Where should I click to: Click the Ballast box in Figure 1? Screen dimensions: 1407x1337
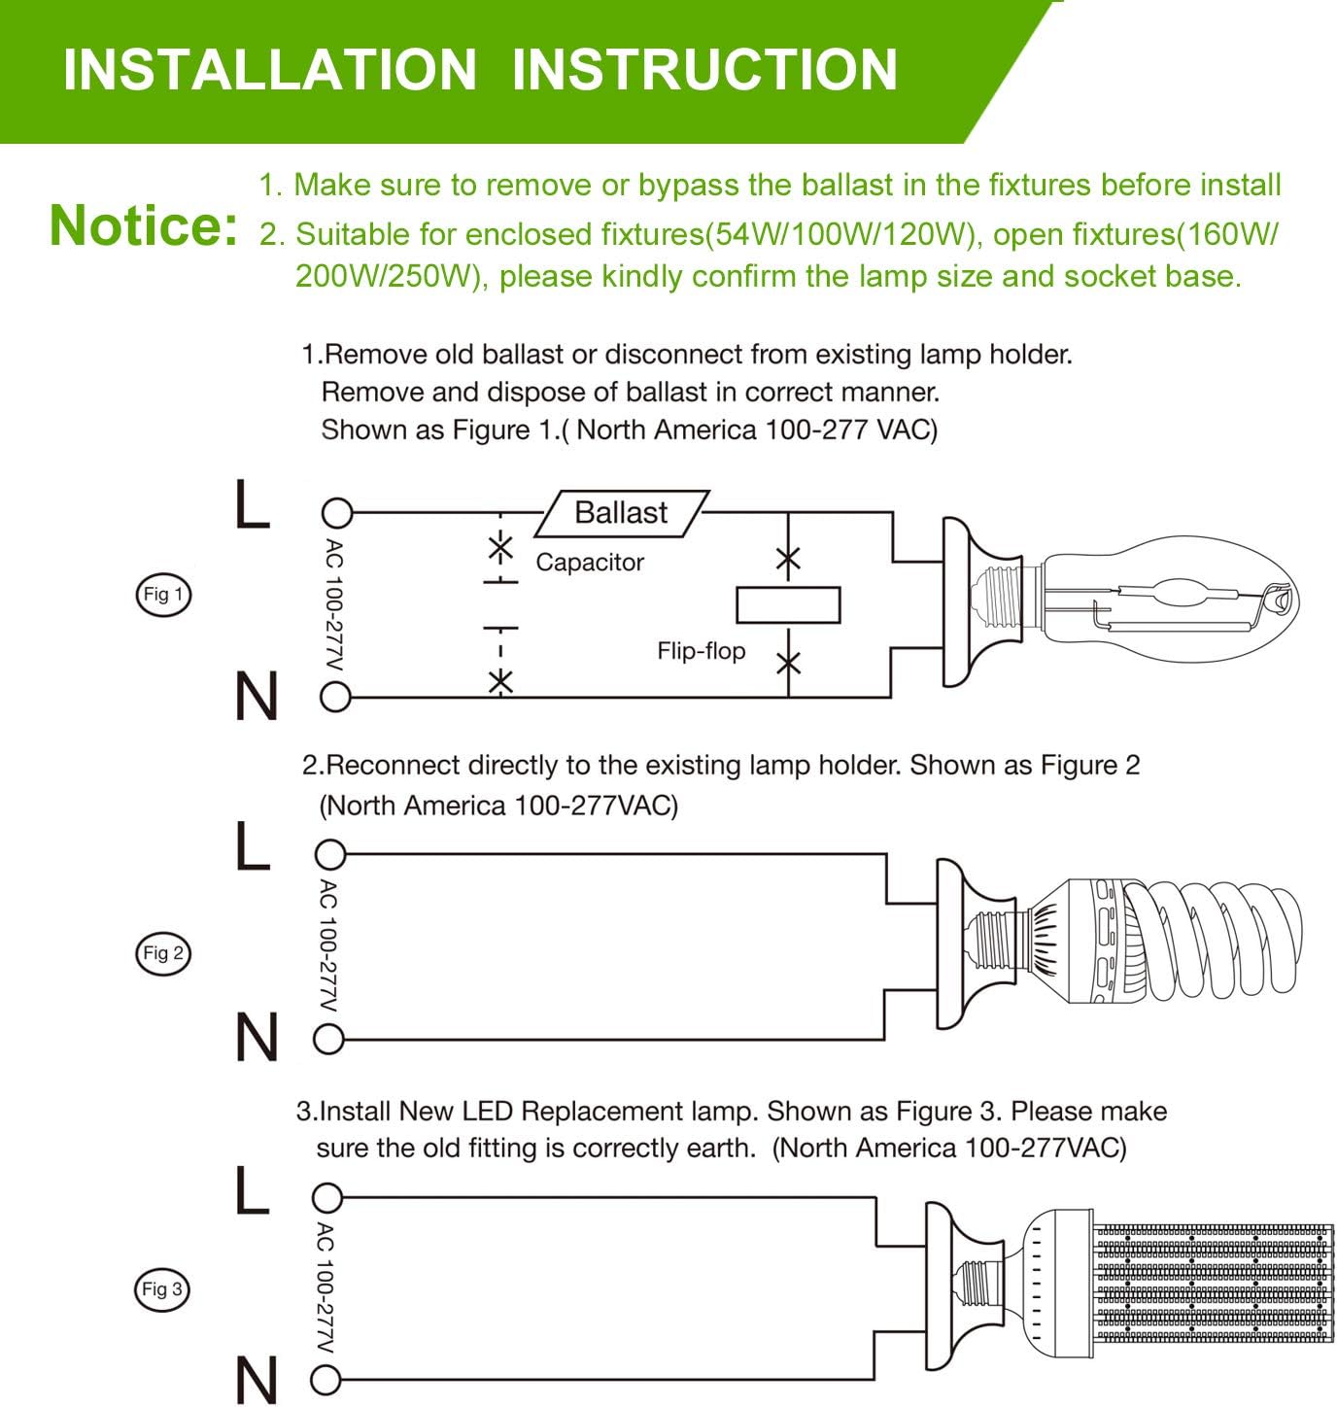point(621,513)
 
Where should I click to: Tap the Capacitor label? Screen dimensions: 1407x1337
point(590,563)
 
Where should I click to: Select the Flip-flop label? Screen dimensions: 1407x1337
point(701,651)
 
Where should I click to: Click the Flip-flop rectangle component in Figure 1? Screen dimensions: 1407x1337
point(788,605)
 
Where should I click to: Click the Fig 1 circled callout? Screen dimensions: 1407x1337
point(162,595)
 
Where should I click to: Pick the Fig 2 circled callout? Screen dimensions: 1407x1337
point(162,953)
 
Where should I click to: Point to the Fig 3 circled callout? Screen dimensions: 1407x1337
point(161,1289)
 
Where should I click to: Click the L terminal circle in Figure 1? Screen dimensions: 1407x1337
point(336,512)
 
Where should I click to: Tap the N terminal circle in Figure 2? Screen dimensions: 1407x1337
point(329,1041)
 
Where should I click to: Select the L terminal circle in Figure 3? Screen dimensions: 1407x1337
point(327,1197)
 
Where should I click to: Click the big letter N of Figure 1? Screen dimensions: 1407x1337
point(257,697)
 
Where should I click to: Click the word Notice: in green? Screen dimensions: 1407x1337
point(143,225)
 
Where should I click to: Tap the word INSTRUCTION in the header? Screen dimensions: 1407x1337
point(703,69)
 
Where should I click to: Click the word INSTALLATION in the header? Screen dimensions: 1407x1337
point(270,69)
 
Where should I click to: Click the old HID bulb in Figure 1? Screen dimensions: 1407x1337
point(1166,602)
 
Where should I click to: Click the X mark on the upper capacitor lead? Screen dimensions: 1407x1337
point(500,547)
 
